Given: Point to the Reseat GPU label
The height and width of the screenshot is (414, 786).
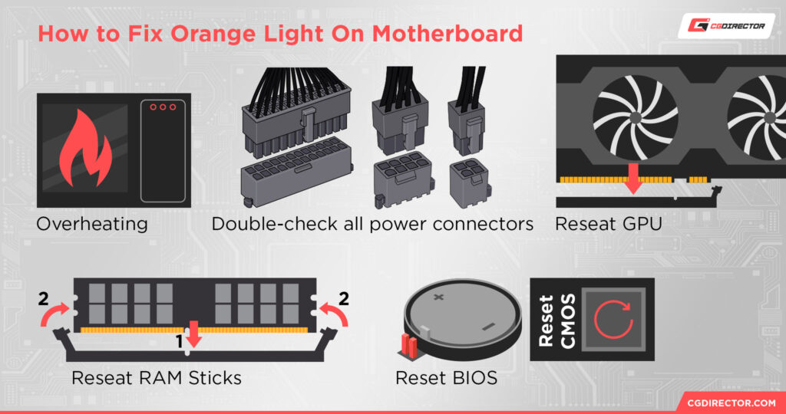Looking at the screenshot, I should pyautogui.click(x=606, y=224).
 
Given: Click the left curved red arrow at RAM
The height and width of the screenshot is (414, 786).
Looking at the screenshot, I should pyautogui.click(x=56, y=314).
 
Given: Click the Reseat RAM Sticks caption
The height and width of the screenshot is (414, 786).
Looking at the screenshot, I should pyautogui.click(x=157, y=378).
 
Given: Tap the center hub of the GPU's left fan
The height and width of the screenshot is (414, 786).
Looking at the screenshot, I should pyautogui.click(x=635, y=117).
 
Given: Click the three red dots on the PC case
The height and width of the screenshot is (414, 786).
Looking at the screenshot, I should pyautogui.click(x=163, y=106).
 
